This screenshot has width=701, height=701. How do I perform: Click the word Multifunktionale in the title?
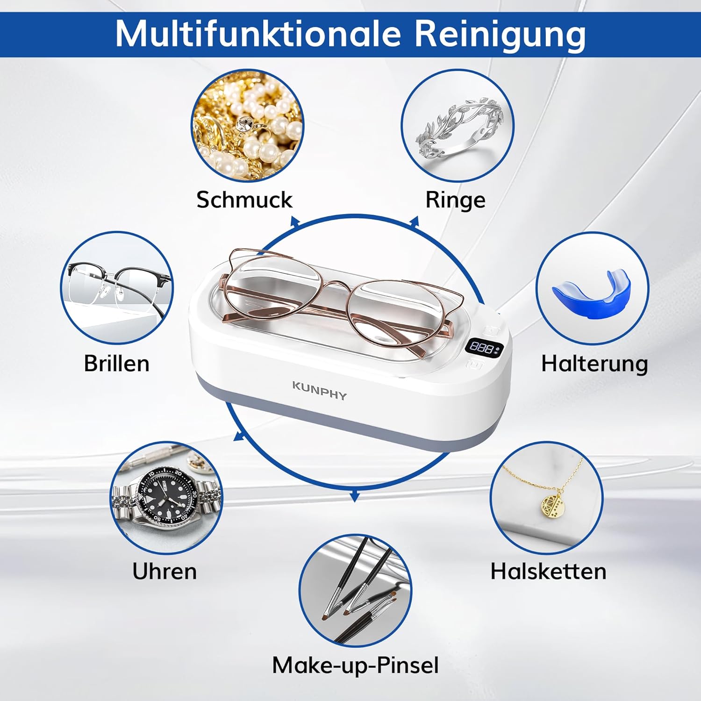(258, 34)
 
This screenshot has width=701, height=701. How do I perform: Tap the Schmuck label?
(244, 200)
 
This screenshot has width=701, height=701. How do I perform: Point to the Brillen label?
(117, 363)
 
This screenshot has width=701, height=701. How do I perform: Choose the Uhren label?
(165, 571)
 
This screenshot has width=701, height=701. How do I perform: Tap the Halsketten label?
(548, 571)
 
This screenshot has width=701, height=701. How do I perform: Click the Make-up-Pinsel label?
(355, 665)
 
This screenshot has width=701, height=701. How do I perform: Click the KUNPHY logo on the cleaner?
(320, 391)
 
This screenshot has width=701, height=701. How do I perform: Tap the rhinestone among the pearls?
(244, 125)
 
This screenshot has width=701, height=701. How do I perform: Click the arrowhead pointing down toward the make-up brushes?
(355, 496)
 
